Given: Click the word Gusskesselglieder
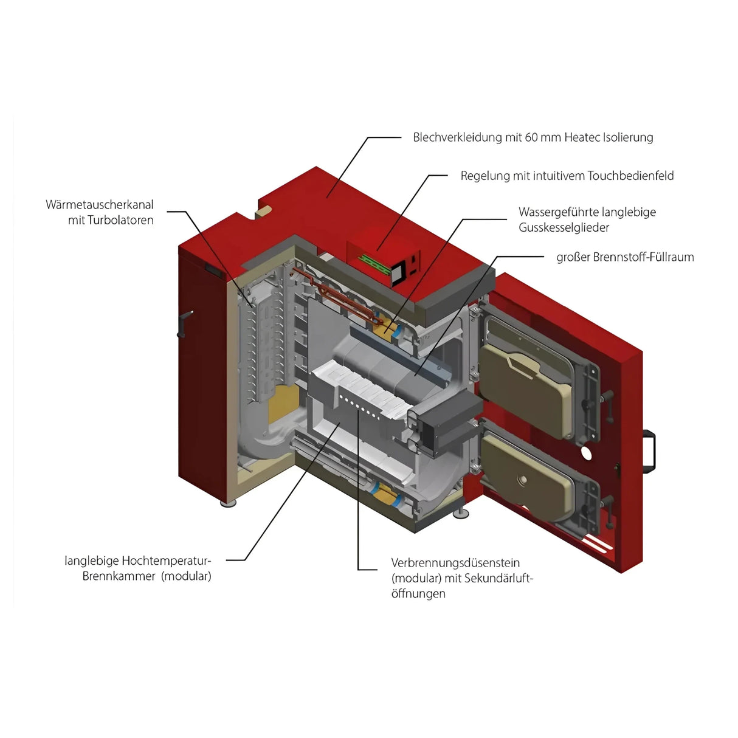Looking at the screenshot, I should [x=564, y=227].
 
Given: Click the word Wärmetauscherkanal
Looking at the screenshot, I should [x=99, y=205].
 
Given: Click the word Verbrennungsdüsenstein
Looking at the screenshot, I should [x=455, y=563].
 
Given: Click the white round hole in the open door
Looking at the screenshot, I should [x=586, y=453].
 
